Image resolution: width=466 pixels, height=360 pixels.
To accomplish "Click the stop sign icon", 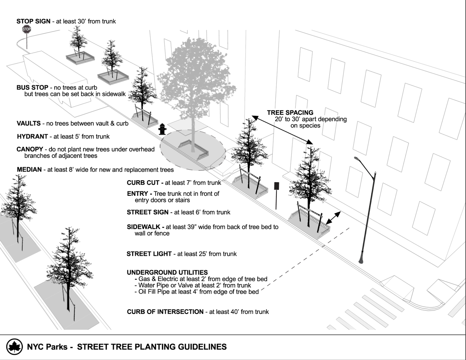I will [x=27, y=29].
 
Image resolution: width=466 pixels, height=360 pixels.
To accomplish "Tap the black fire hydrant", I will [x=162, y=129].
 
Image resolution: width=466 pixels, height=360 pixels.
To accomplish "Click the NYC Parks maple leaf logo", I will [x=14, y=347].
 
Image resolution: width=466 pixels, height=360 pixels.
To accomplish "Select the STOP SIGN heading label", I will [x=33, y=21].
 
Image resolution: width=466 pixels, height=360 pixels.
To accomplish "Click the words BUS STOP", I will [x=32, y=87].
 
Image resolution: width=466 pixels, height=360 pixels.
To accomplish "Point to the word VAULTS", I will [x=29, y=123].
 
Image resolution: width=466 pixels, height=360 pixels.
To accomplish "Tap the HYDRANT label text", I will [x=32, y=136].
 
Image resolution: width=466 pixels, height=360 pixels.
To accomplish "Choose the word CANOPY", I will [x=30, y=149].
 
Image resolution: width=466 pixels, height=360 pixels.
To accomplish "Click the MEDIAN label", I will [x=29, y=170].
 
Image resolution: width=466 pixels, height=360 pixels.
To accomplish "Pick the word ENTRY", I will [x=137, y=194].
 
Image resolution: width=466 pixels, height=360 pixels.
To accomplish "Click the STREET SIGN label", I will [x=148, y=212].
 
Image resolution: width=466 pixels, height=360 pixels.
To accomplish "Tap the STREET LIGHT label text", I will [x=149, y=254].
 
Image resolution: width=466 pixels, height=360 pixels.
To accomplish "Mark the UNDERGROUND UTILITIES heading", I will [x=167, y=272].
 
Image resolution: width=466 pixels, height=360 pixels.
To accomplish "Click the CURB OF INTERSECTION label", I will [x=165, y=312].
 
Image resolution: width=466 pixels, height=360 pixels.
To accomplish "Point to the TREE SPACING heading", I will [x=290, y=112].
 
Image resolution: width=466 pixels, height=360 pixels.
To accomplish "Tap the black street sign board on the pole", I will [x=276, y=186].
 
